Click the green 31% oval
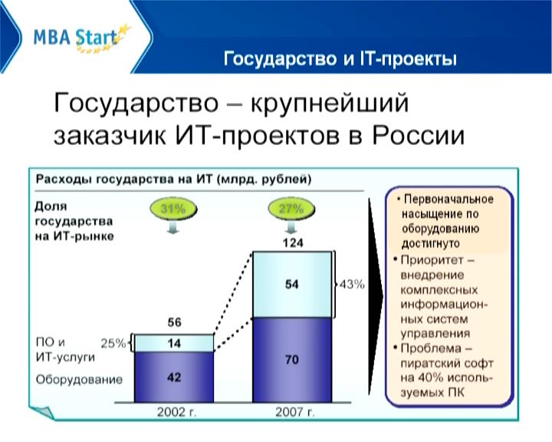coord(172,209)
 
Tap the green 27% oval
coord(291,209)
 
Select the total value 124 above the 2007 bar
coord(293,242)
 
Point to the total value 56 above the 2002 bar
coord(174,322)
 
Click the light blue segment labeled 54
coord(292,284)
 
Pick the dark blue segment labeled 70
coord(292,360)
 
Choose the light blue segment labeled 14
coord(174,343)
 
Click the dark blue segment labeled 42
coord(174,377)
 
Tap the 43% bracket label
coord(352,284)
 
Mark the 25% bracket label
coord(113,343)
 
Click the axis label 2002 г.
coord(176,412)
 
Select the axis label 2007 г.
coord(294,412)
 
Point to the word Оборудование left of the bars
coord(79,380)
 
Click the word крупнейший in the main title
coord(330,103)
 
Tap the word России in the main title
coord(419,135)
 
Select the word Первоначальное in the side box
coord(449,200)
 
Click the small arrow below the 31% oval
coord(172,228)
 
